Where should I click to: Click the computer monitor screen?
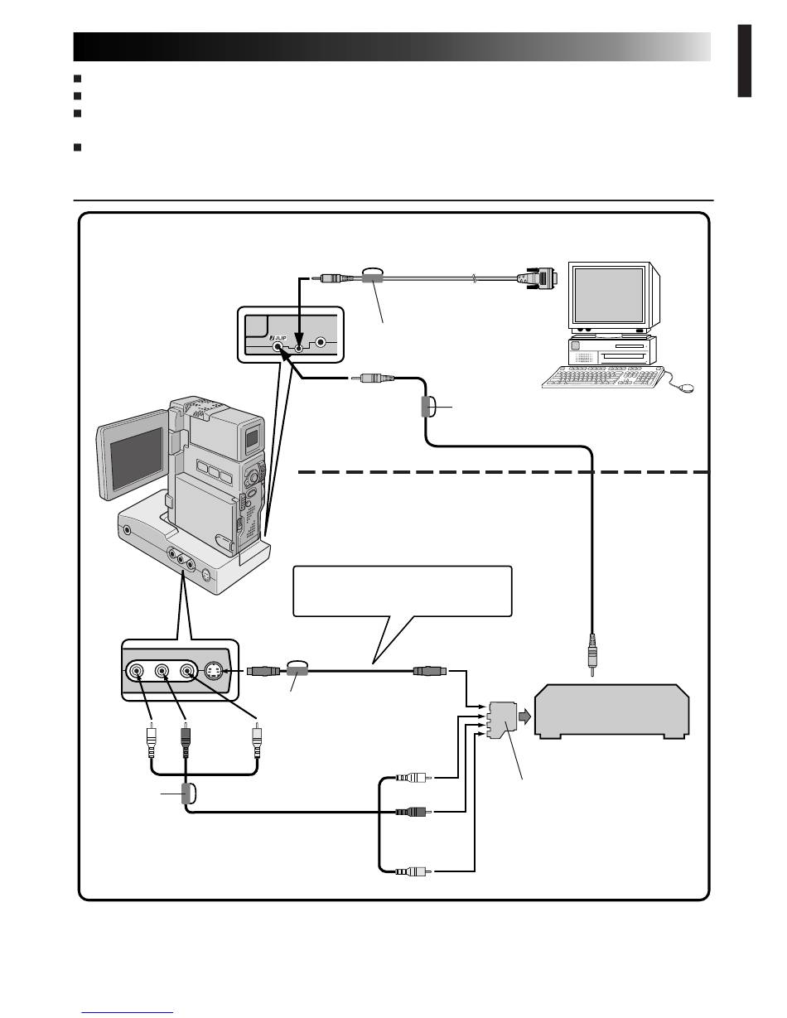pos(609,295)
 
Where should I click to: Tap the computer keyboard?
pos(603,377)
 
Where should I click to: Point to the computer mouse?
pos(687,388)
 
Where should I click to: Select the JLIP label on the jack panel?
pos(278,338)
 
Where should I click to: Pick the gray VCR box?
pos(612,712)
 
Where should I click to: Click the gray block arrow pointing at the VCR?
pos(524,716)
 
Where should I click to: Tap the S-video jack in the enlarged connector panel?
pos(214,671)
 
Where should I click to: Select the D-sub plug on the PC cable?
pos(538,277)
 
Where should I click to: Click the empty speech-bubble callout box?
pos(402,591)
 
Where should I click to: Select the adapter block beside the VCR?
pos(502,720)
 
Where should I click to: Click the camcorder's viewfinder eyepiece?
pos(252,438)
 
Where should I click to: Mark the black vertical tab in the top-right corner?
pos(745,61)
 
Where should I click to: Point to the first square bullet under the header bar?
pos(78,78)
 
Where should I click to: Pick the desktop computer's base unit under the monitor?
pos(612,350)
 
